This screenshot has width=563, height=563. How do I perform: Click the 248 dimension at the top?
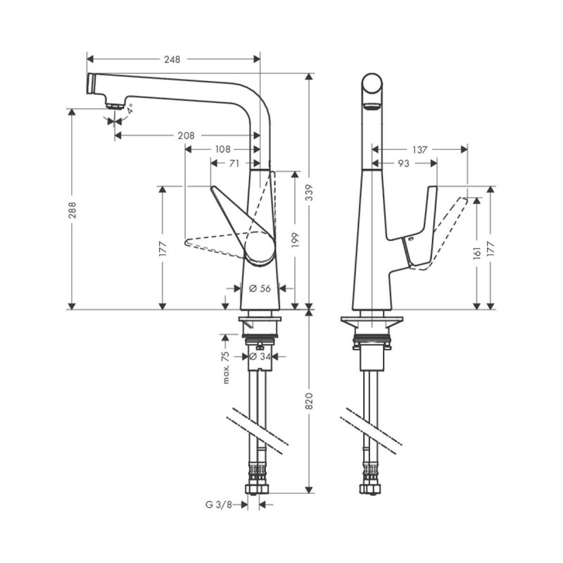(x=172, y=60)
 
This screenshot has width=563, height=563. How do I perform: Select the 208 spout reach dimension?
(x=186, y=135)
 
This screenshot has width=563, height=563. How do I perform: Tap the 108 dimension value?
(x=223, y=148)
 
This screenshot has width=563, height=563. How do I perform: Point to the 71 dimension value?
(x=235, y=163)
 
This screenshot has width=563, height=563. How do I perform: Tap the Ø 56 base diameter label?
(x=260, y=288)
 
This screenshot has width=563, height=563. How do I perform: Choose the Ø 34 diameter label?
(x=260, y=357)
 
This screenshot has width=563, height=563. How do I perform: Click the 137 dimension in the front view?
(x=419, y=148)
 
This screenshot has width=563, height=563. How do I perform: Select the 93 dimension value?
(x=404, y=163)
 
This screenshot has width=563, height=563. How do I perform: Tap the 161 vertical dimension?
(x=477, y=253)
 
